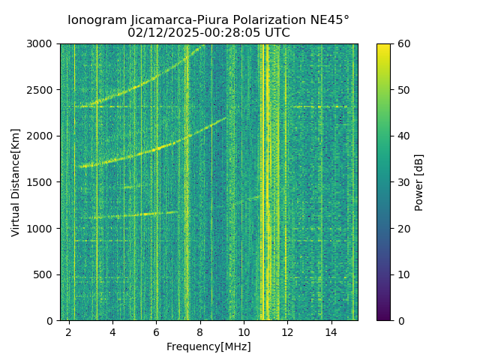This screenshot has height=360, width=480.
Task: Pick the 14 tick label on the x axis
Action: pos(331,331)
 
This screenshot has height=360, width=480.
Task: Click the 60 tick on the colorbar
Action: pos(391,43)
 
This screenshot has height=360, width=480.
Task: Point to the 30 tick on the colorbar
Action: pos(391,182)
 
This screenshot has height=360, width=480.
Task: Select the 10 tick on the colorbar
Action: pos(391,274)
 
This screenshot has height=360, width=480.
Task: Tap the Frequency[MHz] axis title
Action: pos(208,346)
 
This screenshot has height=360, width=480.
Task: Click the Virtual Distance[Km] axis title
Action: pos(16,182)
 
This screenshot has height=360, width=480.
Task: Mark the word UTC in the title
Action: pos(275,33)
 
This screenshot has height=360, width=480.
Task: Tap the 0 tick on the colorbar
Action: pos(391,320)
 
